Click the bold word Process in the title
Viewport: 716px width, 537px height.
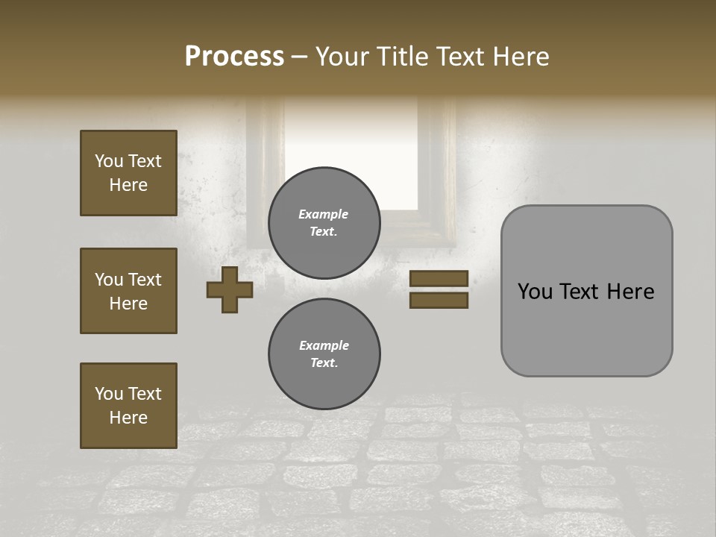tap(234, 57)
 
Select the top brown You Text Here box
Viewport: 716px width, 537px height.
tap(128, 173)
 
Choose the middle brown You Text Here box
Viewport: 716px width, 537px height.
tap(128, 291)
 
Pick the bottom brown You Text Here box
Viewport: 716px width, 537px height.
tap(128, 406)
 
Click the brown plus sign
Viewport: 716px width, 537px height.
tap(230, 289)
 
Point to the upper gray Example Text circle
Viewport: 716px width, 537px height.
tap(324, 222)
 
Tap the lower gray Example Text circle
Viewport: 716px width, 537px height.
tap(324, 354)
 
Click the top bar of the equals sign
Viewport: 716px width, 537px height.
tap(439, 278)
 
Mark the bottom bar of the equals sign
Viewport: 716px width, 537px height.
tap(439, 301)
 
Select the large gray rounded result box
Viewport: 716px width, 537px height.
tap(586, 291)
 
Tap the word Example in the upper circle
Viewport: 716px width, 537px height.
tap(324, 214)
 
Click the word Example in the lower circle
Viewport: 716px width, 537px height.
tap(324, 345)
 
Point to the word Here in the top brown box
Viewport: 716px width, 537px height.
tap(128, 185)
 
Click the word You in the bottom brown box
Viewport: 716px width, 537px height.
tap(109, 394)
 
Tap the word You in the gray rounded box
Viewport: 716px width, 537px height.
tap(535, 292)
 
